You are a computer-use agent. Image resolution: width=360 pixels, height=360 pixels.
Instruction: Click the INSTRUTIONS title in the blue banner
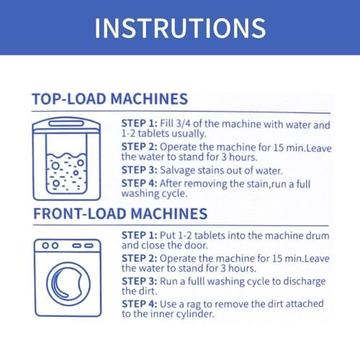tap(180, 28)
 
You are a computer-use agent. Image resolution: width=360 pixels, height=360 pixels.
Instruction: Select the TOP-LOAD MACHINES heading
tap(110, 99)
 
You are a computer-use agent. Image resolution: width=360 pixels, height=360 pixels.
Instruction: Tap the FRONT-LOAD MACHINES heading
tap(120, 214)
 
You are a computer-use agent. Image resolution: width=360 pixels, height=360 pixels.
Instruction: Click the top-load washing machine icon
tap(66, 158)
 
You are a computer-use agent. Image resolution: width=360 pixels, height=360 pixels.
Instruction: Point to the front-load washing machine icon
tap(68, 278)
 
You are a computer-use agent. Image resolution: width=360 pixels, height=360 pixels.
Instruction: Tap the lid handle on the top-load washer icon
tap(66, 123)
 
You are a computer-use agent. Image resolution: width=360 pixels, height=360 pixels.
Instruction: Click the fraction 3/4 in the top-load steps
tap(184, 124)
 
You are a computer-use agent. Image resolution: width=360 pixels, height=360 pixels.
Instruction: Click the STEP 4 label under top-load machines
tap(139, 184)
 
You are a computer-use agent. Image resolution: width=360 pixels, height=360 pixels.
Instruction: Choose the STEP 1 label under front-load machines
tap(139, 235)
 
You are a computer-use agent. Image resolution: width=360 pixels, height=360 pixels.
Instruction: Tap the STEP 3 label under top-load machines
tap(139, 170)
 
